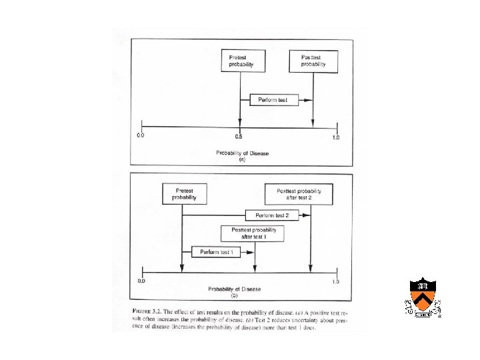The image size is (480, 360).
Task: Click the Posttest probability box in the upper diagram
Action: [313, 61]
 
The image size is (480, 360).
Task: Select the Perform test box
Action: [273, 100]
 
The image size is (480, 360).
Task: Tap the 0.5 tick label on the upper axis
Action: [239, 137]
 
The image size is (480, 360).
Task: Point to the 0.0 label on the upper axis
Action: [141, 137]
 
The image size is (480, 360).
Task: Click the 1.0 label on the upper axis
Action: [335, 137]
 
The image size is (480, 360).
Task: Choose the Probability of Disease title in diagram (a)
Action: [242, 153]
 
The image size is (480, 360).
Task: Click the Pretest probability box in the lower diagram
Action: [184, 193]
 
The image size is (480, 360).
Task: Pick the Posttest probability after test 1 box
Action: [253, 233]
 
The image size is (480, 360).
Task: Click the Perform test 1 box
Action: [215, 251]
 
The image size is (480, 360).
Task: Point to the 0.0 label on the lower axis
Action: [141, 282]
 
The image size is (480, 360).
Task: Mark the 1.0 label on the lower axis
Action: [335, 282]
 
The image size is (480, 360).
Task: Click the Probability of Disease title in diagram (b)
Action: [234, 289]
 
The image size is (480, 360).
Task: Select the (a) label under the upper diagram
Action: [242, 160]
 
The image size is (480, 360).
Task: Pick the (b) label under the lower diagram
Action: [234, 295]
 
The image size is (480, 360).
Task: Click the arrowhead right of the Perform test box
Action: [308, 100]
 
